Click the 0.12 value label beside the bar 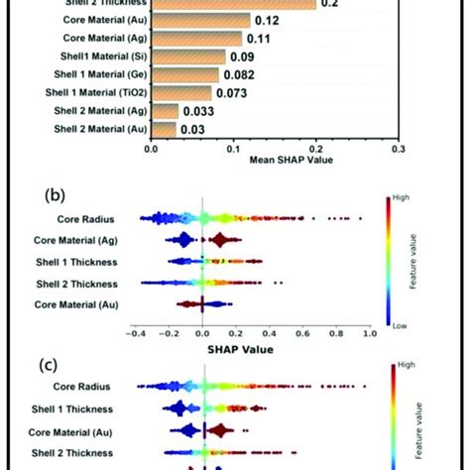tap(265, 21)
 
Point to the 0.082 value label tap(239, 75)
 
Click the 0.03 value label tap(192, 129)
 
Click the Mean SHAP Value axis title tap(274, 159)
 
